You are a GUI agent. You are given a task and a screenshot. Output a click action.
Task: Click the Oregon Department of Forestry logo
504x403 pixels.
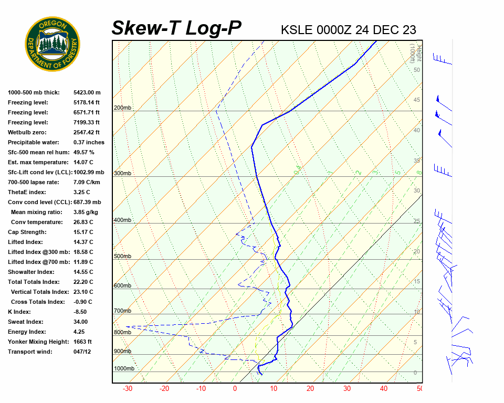pyautogui.click(x=52, y=44)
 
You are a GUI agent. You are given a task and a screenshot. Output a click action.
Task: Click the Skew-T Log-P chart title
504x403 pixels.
pyautogui.click(x=176, y=28)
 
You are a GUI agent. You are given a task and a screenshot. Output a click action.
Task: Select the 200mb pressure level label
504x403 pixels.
pyautogui.click(x=122, y=108)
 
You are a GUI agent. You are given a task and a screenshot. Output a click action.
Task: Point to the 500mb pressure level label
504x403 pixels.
pyautogui.click(x=122, y=257)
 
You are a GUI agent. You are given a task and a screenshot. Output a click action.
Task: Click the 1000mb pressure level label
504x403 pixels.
pyautogui.click(x=124, y=369)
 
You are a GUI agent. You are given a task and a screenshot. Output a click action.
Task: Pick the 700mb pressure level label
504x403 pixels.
pyautogui.click(x=122, y=311)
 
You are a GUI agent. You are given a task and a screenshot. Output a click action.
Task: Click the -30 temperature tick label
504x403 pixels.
pyautogui.click(x=128, y=389)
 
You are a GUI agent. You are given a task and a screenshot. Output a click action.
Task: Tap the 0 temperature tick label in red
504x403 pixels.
pyautogui.click(x=235, y=389)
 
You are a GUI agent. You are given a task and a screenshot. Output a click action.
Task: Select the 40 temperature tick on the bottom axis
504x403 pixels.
pyautogui.click(x=384, y=389)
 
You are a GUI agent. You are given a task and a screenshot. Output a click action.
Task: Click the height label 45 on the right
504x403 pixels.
pyautogui.click(x=417, y=100)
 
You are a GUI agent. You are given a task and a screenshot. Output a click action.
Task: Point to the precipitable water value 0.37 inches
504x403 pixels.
pyautogui.click(x=89, y=142)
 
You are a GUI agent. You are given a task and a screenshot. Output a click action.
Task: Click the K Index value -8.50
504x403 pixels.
pyautogui.click(x=82, y=312)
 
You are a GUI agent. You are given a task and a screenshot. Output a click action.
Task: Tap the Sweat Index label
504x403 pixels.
pyautogui.click(x=26, y=322)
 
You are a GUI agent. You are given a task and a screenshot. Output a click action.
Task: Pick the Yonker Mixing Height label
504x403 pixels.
pyautogui.click(x=38, y=342)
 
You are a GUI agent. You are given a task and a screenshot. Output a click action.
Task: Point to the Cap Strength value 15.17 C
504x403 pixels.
pyautogui.click(x=83, y=232)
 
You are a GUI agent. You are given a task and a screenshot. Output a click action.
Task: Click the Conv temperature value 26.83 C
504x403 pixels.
pyautogui.click(x=83, y=222)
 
